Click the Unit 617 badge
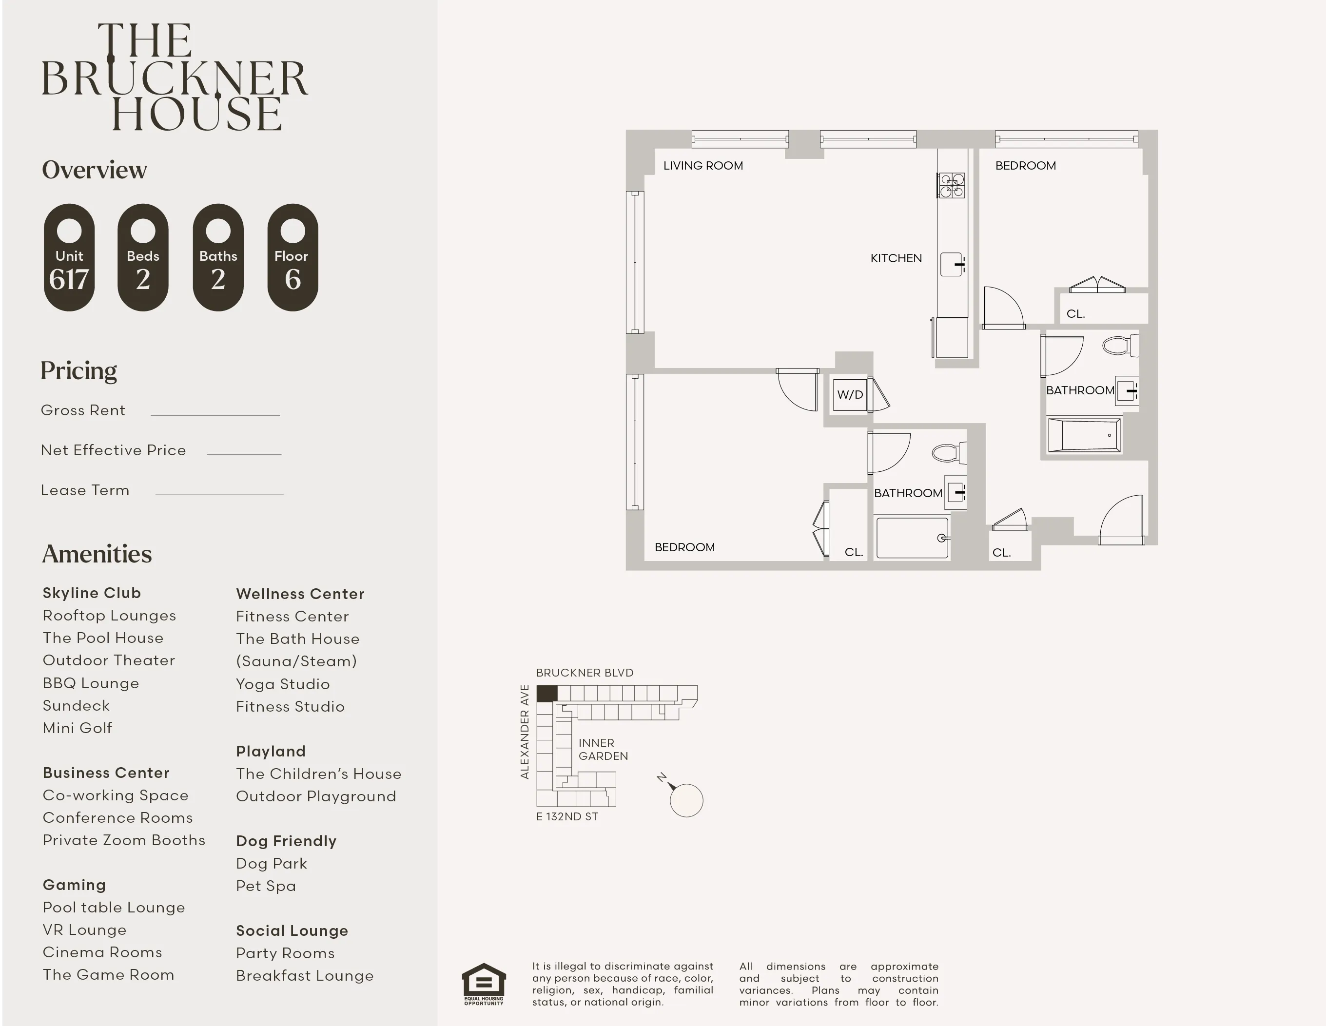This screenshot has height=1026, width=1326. (69, 257)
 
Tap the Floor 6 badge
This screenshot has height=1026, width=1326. (292, 257)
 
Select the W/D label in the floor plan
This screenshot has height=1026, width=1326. (849, 395)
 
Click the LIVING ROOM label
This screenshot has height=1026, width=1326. (702, 166)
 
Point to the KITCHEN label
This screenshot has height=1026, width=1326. (896, 258)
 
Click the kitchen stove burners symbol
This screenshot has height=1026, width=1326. (951, 185)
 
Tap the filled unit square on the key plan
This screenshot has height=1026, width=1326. (546, 693)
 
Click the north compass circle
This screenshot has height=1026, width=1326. (686, 801)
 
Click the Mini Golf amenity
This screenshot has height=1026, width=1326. (78, 728)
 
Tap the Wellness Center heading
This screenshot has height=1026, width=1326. (300, 594)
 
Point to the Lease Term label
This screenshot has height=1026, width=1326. (85, 490)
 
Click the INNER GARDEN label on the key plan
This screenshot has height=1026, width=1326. (602, 749)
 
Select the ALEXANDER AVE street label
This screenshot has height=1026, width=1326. (525, 732)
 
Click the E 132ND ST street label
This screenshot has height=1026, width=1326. (567, 816)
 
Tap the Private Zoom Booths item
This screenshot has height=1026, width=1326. (124, 840)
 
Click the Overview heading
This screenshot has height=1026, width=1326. (94, 170)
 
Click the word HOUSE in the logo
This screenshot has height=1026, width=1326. (197, 114)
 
